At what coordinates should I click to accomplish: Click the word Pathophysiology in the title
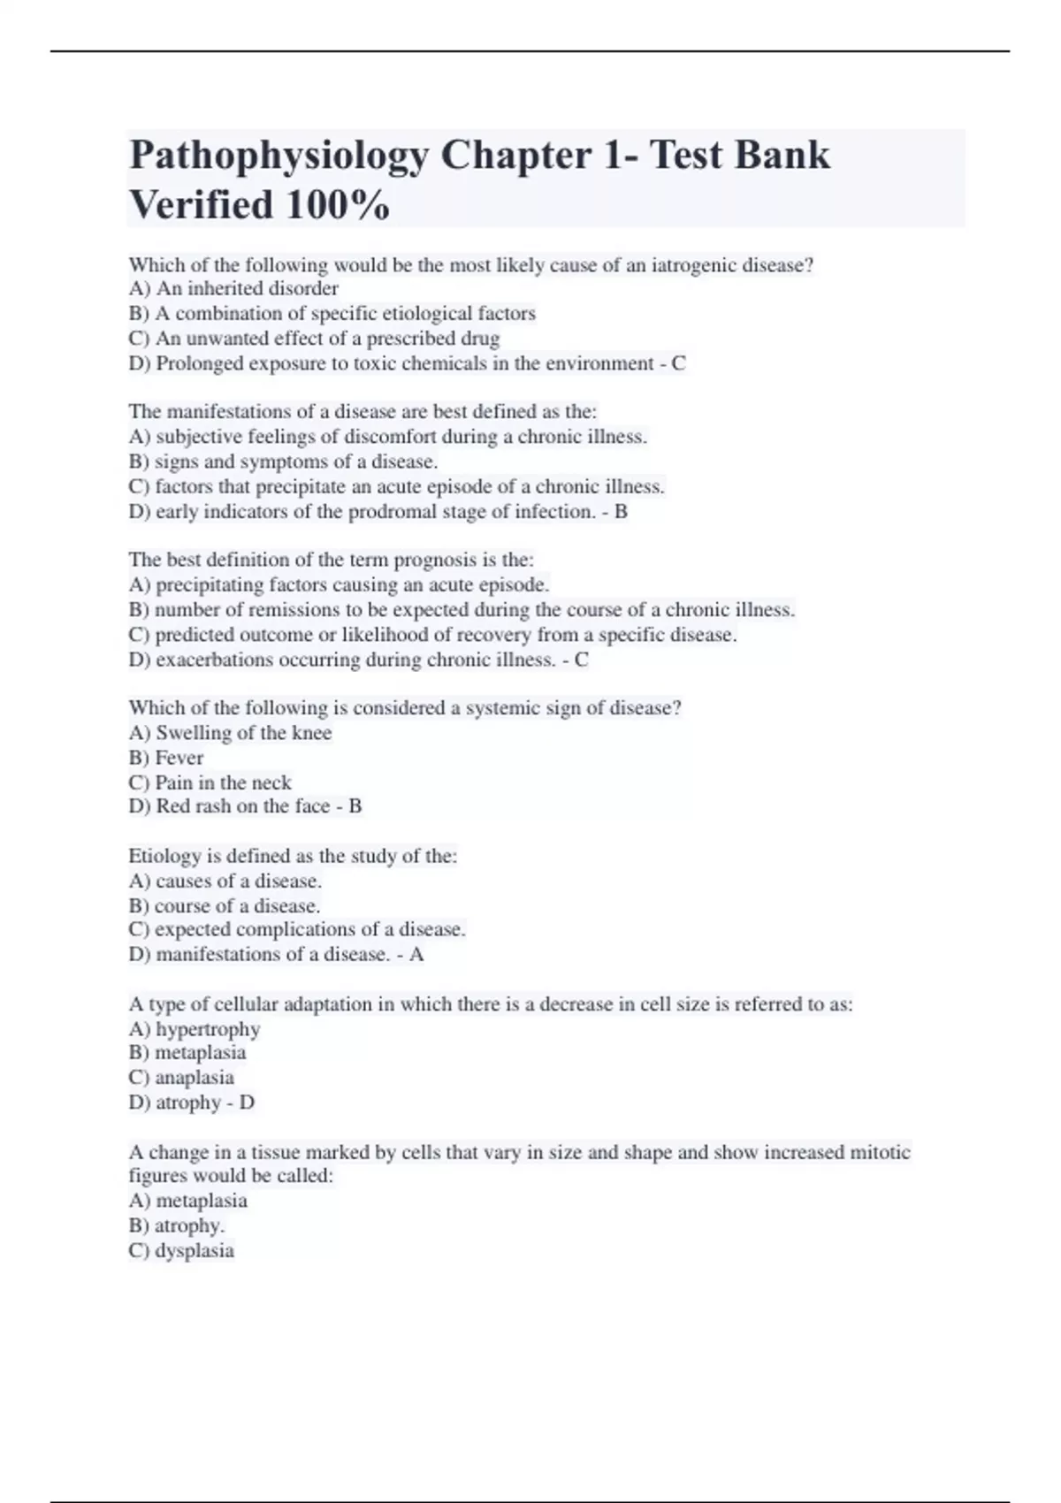[x=279, y=156]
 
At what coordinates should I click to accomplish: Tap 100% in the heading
[x=337, y=206]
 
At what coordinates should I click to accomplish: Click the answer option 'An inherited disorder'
[x=247, y=289]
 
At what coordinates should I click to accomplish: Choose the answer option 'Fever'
[x=179, y=759]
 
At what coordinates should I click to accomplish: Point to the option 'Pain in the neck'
[x=223, y=783]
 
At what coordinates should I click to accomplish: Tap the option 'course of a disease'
[x=236, y=906]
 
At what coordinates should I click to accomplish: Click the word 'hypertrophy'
[x=208, y=1030]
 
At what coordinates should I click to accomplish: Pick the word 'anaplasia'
[x=195, y=1079]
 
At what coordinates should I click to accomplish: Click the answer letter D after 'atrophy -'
[x=247, y=1103]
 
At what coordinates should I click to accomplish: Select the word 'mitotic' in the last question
[x=879, y=1153]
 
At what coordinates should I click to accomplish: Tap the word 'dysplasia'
[x=195, y=1251]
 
